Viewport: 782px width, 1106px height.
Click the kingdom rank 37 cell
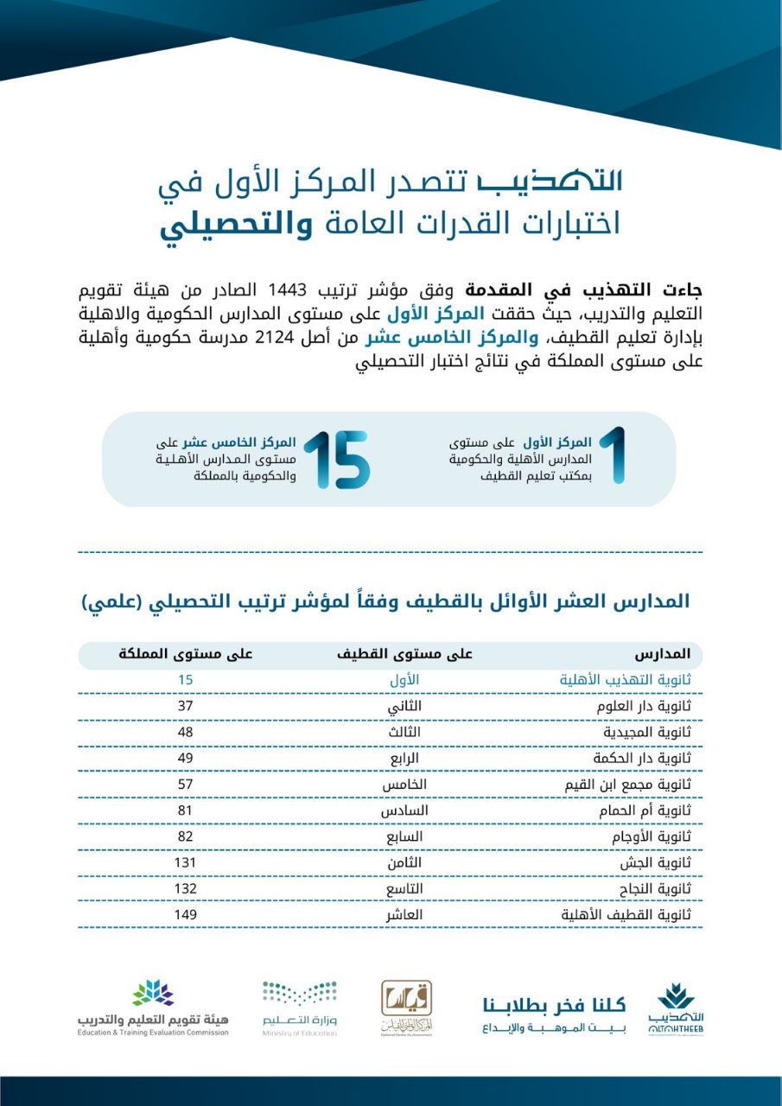[185, 706]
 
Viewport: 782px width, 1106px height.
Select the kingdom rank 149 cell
[185, 914]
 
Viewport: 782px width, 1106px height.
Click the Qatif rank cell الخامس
[404, 784]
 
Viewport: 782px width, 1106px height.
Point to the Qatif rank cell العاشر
[404, 914]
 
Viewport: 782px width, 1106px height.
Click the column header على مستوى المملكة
[185, 654]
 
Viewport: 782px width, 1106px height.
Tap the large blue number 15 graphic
[336, 459]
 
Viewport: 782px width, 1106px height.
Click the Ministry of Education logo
[300, 1007]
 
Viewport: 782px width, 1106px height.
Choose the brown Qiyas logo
[407, 1007]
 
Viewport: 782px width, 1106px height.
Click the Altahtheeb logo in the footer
[675, 1009]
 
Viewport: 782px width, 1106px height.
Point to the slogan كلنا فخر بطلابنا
[554, 1004]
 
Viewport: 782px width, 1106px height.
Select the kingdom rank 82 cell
[185, 836]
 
